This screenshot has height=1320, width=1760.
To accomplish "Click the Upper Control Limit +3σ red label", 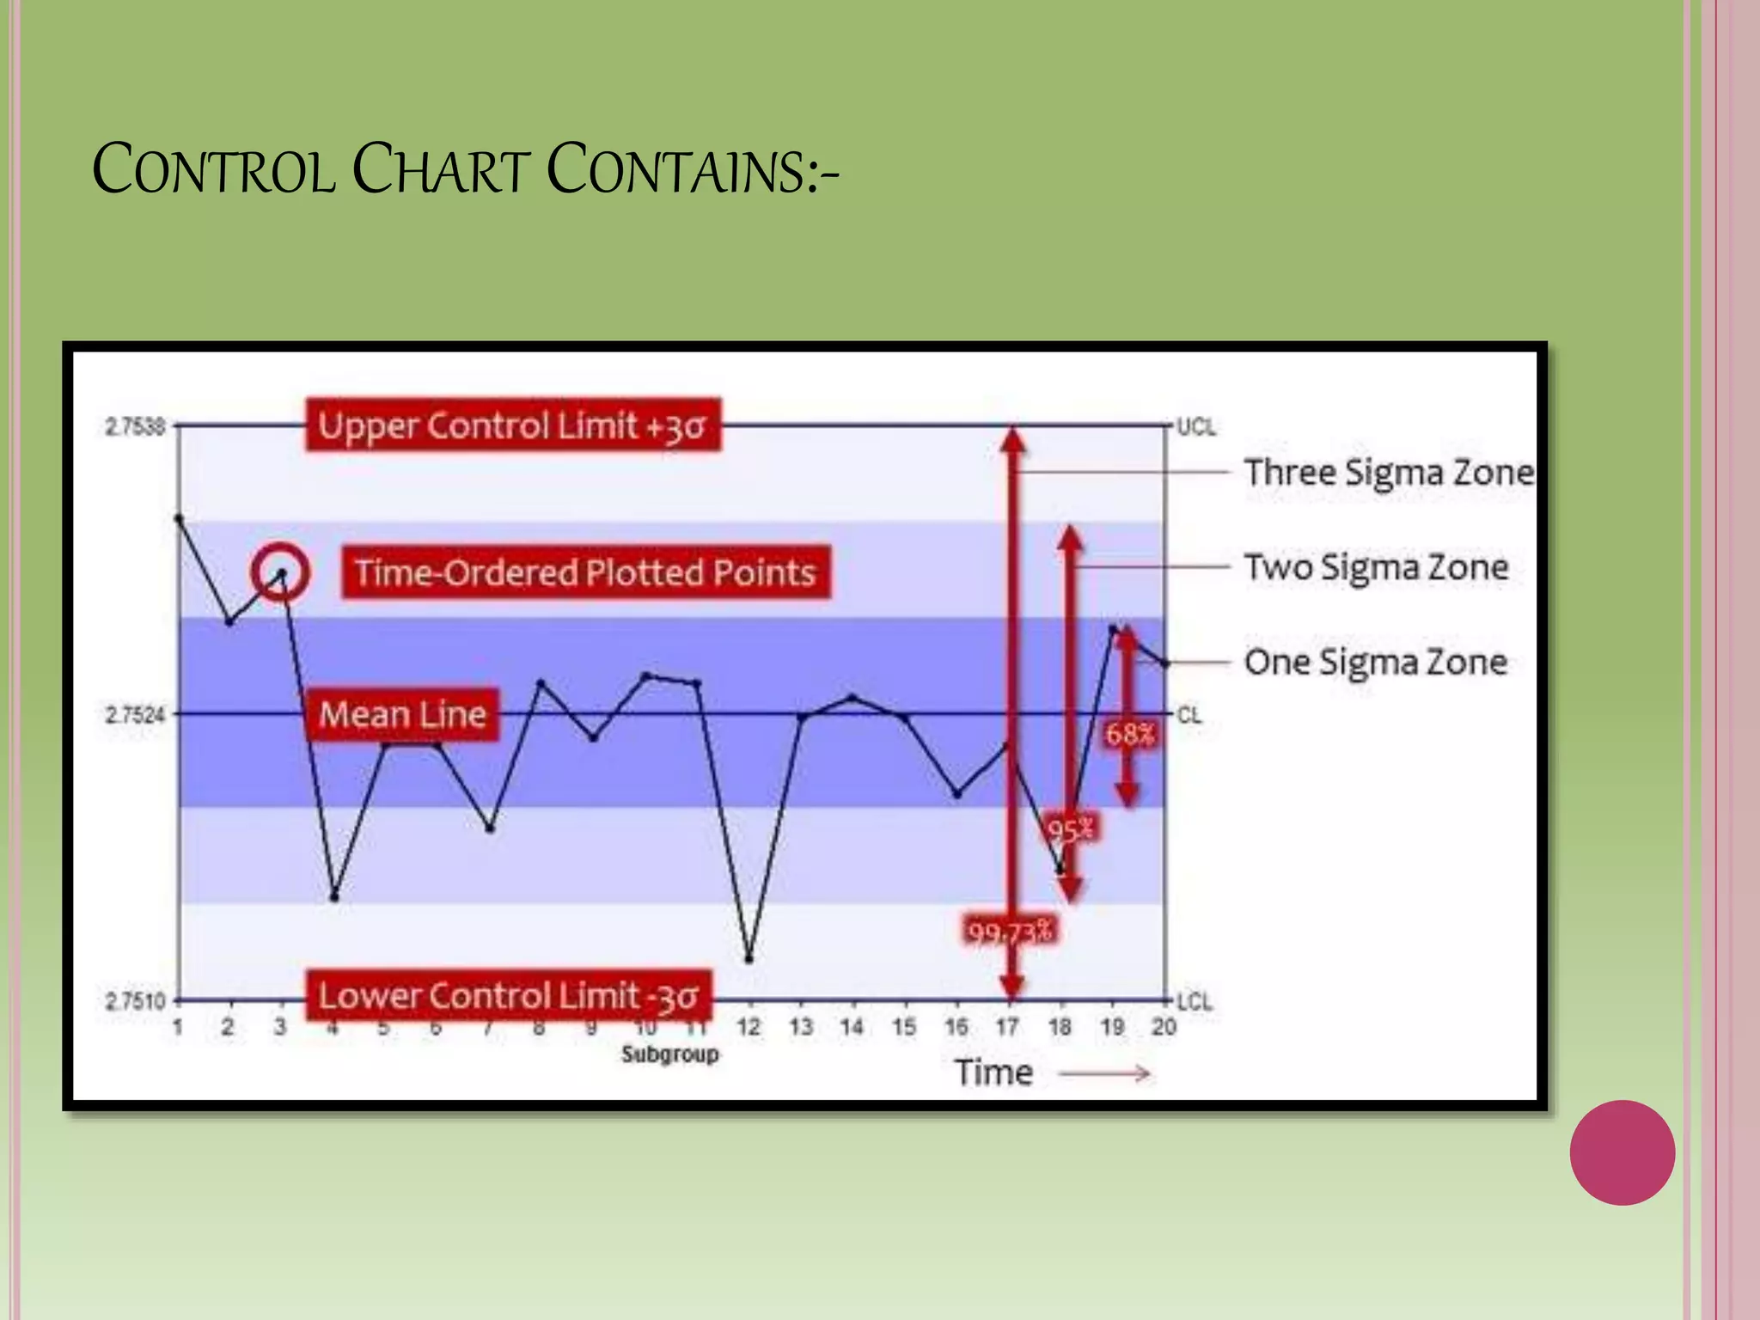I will click(x=513, y=425).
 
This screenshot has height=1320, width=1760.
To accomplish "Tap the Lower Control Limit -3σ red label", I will click(x=510, y=995).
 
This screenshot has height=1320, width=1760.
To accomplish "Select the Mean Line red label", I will click(x=402, y=714).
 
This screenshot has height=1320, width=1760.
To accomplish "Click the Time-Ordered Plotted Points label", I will click(x=585, y=572).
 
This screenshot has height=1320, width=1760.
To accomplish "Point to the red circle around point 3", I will click(x=280, y=572).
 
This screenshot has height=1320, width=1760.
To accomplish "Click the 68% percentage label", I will click(x=1129, y=734).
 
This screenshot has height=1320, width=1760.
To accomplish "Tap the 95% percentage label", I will click(x=1071, y=830).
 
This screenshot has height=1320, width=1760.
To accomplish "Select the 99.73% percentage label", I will click(x=1010, y=931).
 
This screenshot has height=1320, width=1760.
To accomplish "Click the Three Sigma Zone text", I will click(x=1388, y=473).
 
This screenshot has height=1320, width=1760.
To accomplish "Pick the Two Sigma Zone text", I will click(x=1376, y=567).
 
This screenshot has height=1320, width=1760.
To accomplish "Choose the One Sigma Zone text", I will click(x=1375, y=662).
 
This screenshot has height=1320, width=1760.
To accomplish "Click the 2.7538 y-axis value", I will click(x=134, y=426).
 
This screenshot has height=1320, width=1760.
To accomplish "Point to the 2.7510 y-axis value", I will click(x=134, y=1001).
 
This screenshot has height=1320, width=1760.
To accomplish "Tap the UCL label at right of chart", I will click(x=1195, y=427).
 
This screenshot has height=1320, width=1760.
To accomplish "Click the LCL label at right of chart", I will click(x=1194, y=1002).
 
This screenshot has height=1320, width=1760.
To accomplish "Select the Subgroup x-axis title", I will click(x=669, y=1054).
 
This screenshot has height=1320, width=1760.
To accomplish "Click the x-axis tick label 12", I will click(x=749, y=1027).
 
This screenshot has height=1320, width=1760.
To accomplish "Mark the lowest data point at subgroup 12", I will click(x=749, y=958).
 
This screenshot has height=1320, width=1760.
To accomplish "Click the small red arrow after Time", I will click(x=1104, y=1073).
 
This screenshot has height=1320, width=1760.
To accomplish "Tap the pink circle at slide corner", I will click(x=1622, y=1152).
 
